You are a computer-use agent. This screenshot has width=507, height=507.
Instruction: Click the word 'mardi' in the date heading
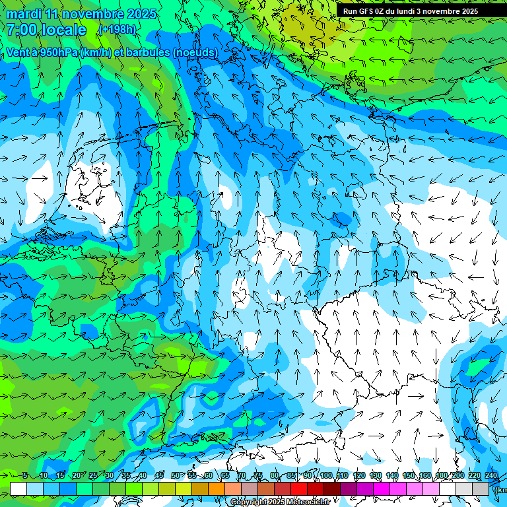tap(22, 15)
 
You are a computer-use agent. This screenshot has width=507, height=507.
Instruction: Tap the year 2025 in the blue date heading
tap(139, 15)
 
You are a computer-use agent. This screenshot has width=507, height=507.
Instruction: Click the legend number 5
tap(25, 475)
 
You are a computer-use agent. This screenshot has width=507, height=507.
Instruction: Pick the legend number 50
tap(175, 475)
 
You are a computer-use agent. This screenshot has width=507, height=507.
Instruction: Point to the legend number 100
tap(325, 475)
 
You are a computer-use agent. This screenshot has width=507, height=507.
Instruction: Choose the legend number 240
tap(490, 475)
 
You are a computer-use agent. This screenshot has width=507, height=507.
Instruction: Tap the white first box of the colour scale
tap(18, 489)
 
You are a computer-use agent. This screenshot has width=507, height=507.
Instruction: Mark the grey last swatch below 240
tap(481, 489)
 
